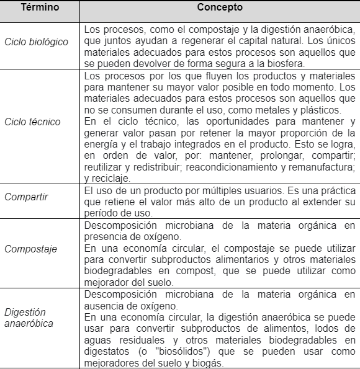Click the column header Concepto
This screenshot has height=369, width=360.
click(220, 9)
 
